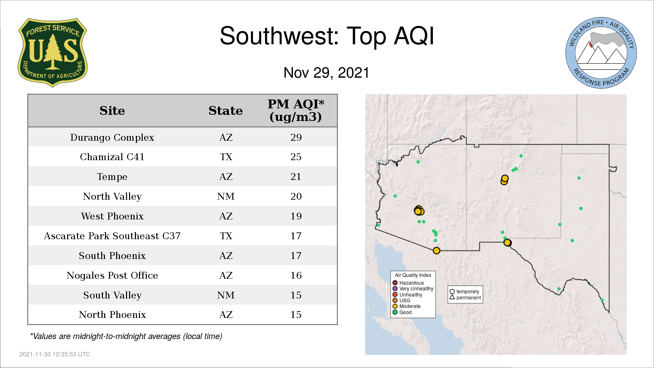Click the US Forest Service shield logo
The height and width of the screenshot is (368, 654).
coord(52,52)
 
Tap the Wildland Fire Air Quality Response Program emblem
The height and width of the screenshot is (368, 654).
coord(601,53)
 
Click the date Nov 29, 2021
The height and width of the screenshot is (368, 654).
coord(326,73)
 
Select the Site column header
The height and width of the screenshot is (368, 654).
coord(112,111)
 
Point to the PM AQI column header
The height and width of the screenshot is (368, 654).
coord(296,110)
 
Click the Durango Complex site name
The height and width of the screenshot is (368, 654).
coord(112,137)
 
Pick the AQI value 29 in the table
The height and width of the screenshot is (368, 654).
coord(296,137)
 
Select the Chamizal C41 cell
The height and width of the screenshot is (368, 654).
coord(112,157)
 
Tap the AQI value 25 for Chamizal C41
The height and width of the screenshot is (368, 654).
coord(296,157)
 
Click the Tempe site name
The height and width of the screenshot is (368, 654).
coord(112,177)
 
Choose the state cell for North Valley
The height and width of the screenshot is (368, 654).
coord(226,196)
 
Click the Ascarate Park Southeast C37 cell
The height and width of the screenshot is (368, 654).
coord(112,236)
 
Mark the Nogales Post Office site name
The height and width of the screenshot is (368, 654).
coord(112,275)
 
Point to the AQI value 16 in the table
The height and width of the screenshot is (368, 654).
coord(296,275)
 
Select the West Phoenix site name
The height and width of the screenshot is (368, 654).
coord(112,216)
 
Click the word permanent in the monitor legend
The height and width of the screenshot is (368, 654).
coord(469,297)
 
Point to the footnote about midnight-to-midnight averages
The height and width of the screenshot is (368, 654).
coord(126,336)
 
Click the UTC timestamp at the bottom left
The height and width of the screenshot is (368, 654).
coord(55,354)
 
